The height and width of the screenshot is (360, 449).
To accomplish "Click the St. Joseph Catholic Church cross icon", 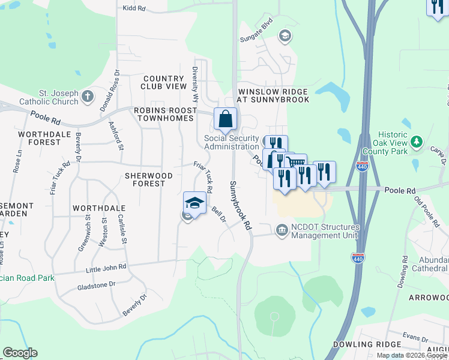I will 88,96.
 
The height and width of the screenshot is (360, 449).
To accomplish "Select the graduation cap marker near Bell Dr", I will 194,203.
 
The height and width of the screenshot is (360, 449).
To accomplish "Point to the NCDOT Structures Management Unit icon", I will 282,230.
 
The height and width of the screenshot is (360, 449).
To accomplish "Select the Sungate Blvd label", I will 256,37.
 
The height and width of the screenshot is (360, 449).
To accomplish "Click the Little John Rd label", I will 106,267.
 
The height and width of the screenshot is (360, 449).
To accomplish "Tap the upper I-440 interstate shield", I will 362,167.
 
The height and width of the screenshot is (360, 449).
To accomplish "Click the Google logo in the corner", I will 20,353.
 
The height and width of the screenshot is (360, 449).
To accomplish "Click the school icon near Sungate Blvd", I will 285,37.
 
